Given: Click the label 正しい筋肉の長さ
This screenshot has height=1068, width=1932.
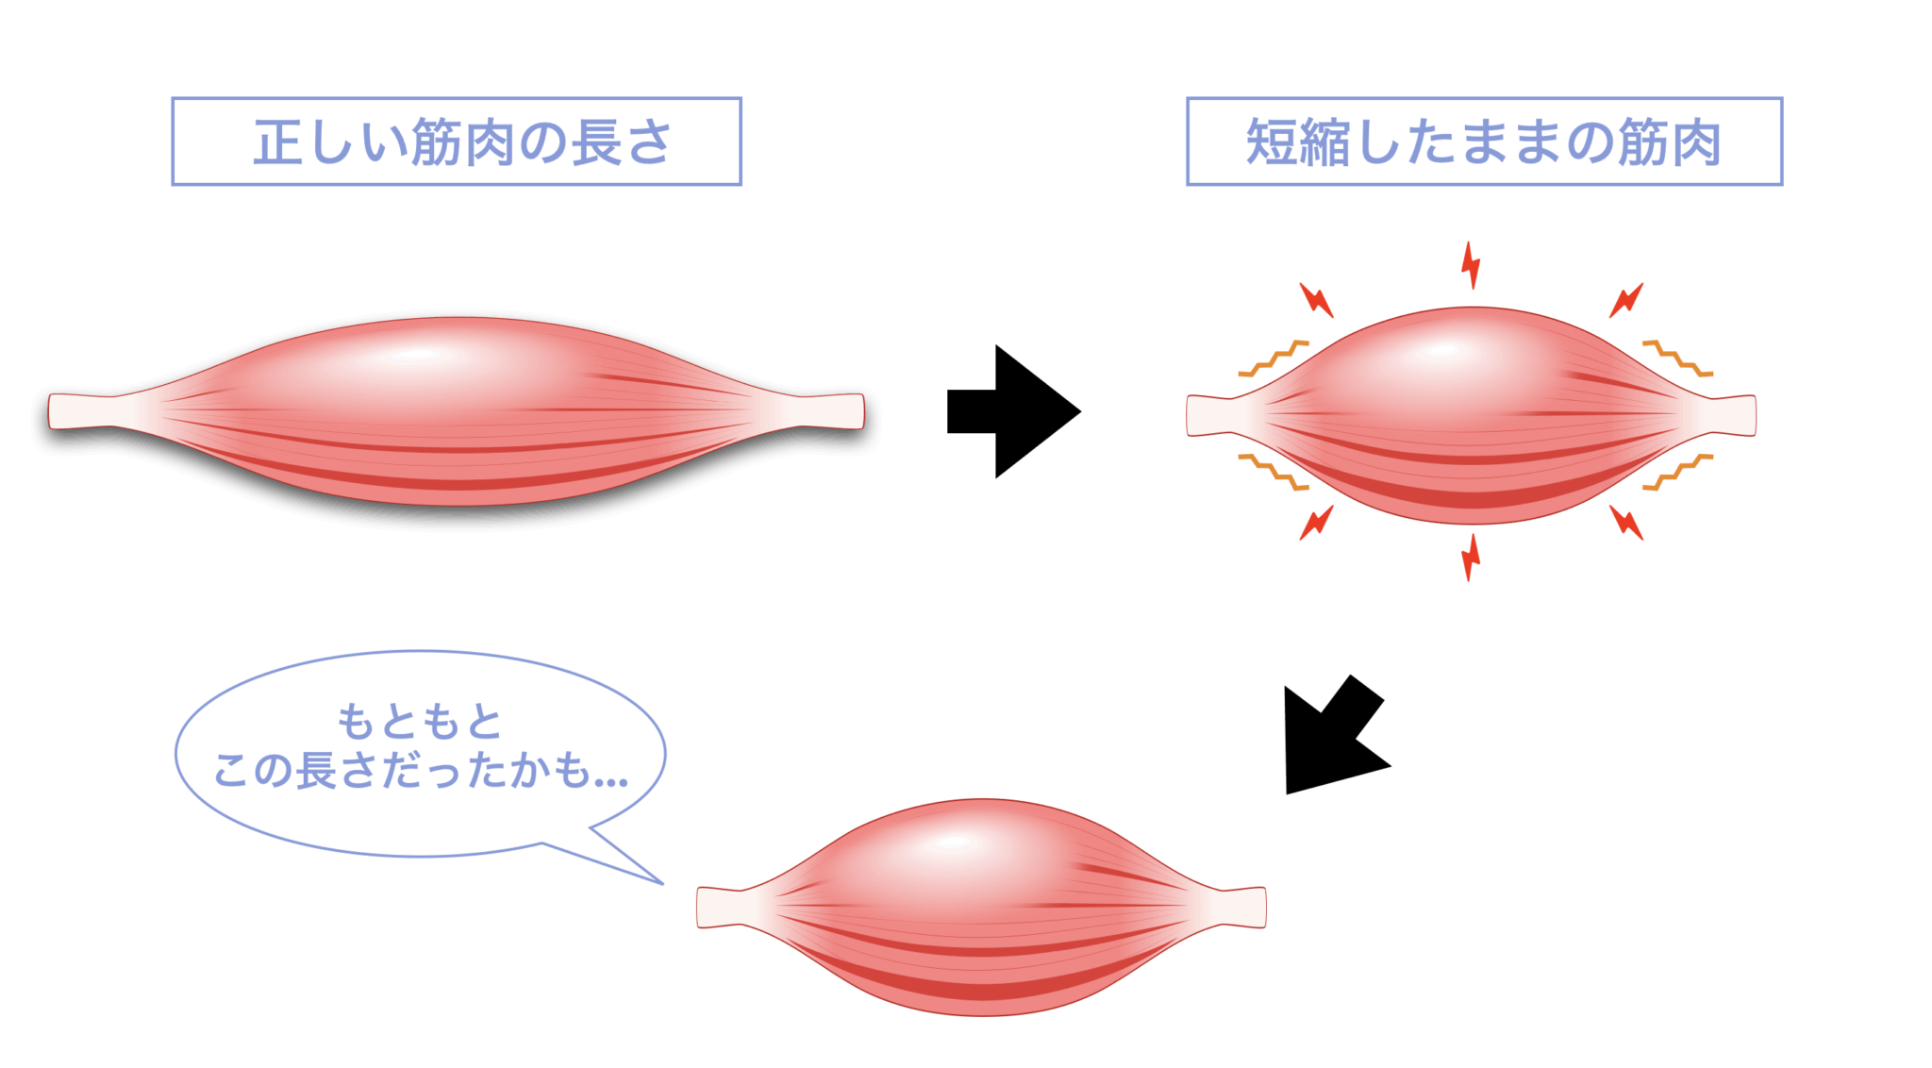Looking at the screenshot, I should click(x=460, y=142).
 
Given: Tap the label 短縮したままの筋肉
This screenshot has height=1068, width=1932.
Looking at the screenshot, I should click(x=1483, y=142).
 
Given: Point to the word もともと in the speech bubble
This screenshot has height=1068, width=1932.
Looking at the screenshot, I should click(x=420, y=722).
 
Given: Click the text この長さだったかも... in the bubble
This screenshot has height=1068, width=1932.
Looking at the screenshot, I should click(x=420, y=771).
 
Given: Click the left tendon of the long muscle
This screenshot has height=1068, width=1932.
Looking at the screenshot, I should click(x=80, y=411).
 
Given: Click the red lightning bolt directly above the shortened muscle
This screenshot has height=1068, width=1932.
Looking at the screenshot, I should click(x=1471, y=265).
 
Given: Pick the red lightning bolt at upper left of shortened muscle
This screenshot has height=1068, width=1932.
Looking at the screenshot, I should click(x=1316, y=300).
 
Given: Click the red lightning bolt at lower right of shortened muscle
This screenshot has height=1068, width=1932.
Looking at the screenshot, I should click(x=1626, y=522).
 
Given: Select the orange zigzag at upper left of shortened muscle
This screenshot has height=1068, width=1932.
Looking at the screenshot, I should click(x=1274, y=359).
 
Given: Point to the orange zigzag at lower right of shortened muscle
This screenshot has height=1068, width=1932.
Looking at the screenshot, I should click(x=1677, y=472).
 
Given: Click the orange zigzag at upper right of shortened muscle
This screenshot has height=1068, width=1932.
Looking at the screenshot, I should click(x=1677, y=359).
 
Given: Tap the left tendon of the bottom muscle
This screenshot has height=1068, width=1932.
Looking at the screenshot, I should click(x=722, y=907).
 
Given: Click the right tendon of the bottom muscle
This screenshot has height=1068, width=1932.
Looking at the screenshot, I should click(x=1243, y=907).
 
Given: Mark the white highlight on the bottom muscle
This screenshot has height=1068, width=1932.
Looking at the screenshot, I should click(x=953, y=843).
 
